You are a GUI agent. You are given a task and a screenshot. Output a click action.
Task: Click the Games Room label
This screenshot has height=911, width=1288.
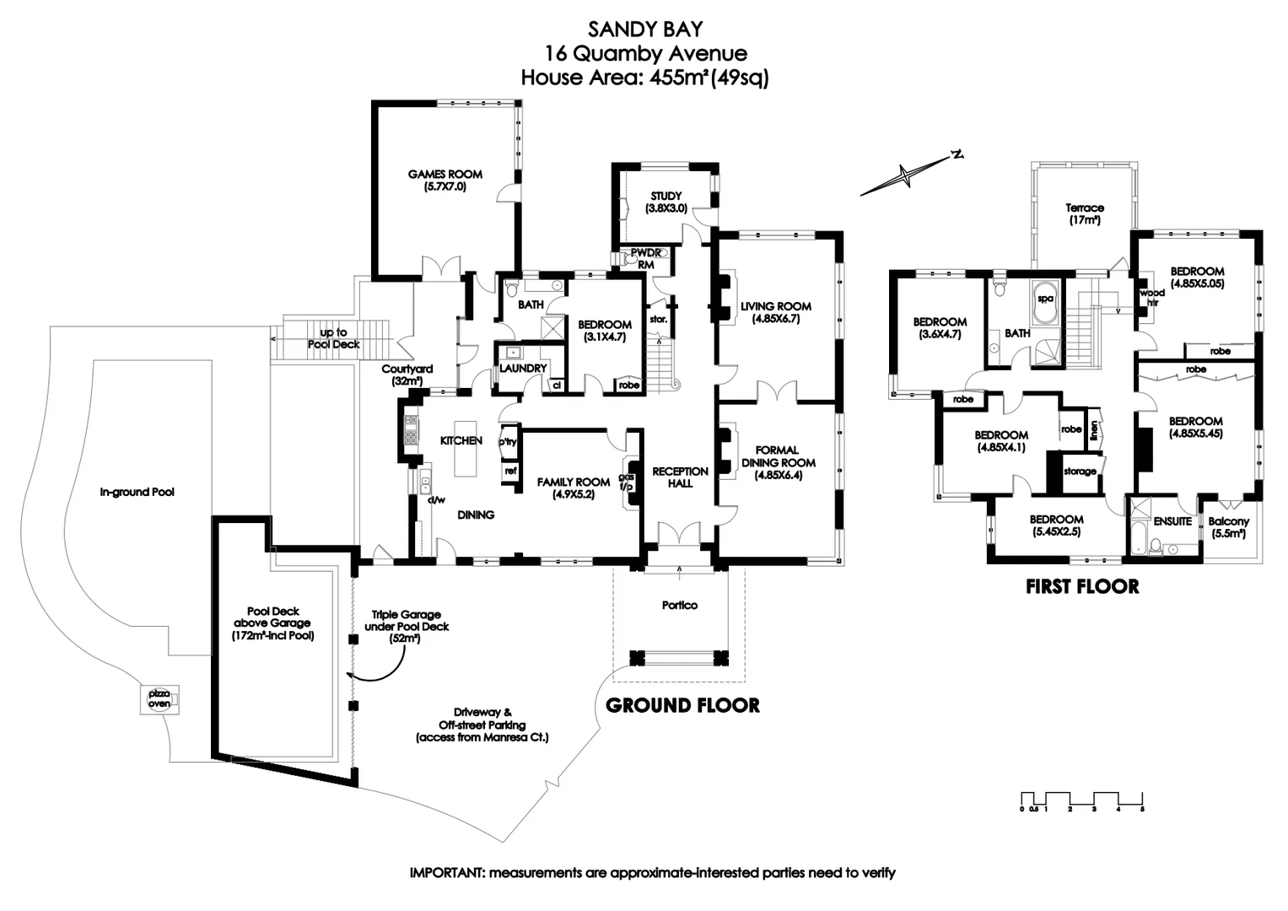445,180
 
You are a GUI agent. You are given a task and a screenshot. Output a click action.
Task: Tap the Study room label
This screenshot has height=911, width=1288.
666,202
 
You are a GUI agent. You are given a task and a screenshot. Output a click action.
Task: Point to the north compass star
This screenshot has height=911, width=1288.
905,176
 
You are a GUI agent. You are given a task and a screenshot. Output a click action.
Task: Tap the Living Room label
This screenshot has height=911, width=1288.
775,312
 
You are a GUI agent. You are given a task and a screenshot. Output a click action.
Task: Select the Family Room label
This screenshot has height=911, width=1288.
574,488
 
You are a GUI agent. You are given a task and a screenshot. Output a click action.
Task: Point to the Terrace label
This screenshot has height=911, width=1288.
1084,213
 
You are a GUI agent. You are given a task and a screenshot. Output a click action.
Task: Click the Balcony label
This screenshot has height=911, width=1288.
1228,527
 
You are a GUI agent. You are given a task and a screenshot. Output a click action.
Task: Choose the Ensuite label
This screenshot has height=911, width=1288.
1172,521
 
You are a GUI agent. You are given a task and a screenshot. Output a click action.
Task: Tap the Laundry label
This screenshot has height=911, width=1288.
523,368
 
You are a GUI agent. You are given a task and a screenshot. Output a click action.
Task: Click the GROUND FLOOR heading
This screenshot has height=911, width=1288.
682,704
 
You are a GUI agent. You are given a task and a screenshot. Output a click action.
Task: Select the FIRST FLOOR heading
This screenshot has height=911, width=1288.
1082,585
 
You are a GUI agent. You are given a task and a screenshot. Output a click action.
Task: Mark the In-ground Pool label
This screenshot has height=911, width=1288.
137,492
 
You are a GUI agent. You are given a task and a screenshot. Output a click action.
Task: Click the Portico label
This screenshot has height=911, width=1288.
680,605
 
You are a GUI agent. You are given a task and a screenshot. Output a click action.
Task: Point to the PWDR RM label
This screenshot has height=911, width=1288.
646,258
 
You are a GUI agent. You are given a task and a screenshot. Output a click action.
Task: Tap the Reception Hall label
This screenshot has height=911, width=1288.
680,477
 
